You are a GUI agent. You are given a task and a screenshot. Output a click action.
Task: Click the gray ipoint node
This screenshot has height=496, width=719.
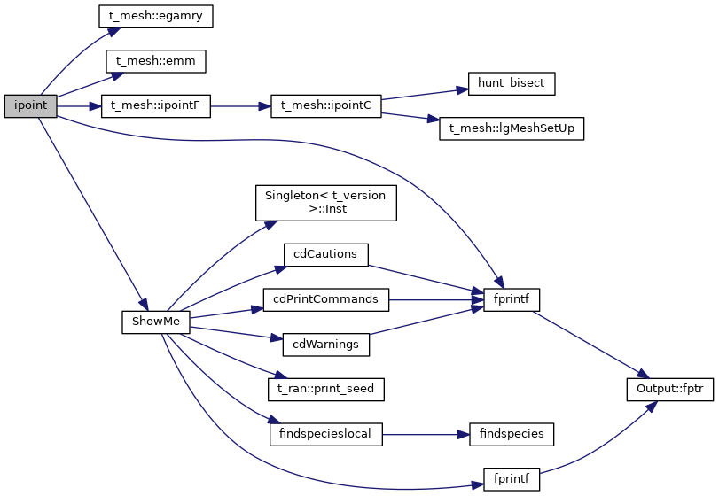[x=30, y=106]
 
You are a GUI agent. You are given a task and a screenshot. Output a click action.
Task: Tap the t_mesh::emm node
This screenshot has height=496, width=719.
[x=156, y=61]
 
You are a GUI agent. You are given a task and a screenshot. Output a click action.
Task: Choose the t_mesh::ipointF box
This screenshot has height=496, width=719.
[x=156, y=106]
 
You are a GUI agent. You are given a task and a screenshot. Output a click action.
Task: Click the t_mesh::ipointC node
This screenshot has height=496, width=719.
[x=325, y=106]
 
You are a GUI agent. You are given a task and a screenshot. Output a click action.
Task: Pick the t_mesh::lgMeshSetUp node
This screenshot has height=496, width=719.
[x=512, y=128]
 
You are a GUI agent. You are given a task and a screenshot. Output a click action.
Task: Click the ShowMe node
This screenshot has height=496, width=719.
[x=155, y=322]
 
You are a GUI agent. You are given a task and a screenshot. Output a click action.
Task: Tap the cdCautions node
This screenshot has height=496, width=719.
[x=324, y=254]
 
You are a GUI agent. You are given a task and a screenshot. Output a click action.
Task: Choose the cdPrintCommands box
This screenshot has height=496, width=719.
[x=325, y=299]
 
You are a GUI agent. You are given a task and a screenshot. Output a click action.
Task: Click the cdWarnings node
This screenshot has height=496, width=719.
[x=324, y=344]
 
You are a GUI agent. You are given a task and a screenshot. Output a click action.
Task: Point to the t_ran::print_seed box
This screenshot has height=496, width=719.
[x=325, y=389]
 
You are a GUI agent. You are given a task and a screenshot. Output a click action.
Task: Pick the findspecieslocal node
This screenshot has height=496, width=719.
[x=325, y=434]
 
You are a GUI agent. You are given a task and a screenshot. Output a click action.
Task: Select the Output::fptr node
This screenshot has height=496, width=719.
[x=663, y=389]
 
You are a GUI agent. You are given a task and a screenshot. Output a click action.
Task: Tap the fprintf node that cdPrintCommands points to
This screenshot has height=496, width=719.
[x=512, y=299]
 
